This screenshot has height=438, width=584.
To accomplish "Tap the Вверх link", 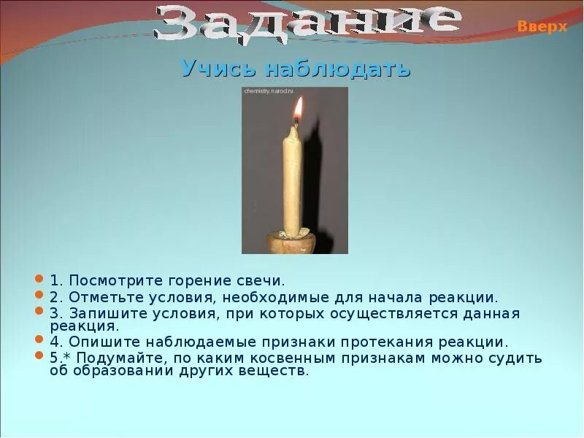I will (x=542, y=26).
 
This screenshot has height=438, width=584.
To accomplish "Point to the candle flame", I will (x=298, y=112).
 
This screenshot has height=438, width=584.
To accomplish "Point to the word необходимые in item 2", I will (x=268, y=297).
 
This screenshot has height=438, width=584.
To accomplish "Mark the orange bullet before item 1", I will (x=39, y=280).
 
